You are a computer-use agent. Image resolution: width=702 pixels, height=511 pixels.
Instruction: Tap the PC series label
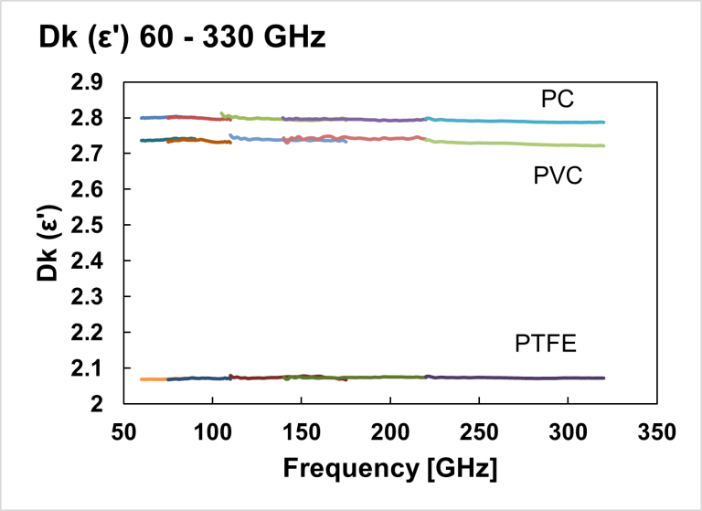pos(557,99)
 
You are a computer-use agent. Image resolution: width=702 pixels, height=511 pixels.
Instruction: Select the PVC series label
pos(558,176)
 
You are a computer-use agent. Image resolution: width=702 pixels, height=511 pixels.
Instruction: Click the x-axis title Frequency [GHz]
pos(390,469)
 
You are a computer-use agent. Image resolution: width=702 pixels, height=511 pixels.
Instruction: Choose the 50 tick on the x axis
pos(123,431)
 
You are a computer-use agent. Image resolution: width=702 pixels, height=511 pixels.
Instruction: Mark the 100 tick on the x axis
pos(212,431)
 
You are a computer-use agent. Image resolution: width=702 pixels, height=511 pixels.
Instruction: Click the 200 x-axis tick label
pos(390,431)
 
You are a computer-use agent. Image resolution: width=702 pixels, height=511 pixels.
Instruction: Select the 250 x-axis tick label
pos(479,431)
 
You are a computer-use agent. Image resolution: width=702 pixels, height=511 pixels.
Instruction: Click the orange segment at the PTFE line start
pos(153,378)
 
